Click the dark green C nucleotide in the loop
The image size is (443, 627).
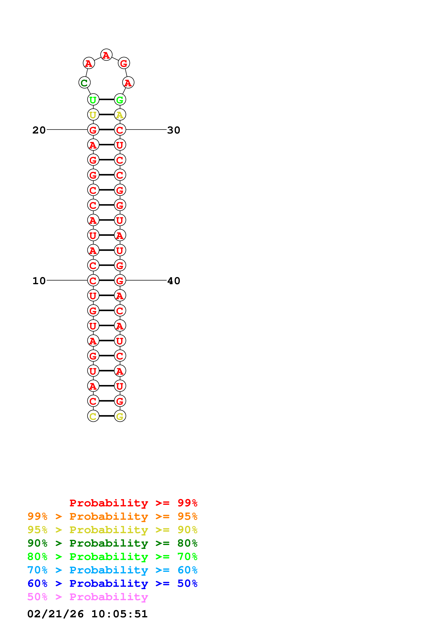[84, 82]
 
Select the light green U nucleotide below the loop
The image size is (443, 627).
[93, 100]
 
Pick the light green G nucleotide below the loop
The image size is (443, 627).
[120, 100]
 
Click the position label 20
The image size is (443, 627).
[39, 130]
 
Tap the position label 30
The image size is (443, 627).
[174, 130]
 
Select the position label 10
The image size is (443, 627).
[39, 281]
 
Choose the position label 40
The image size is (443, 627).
[174, 281]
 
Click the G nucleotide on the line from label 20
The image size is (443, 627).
[93, 130]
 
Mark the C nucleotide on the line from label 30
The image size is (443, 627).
[120, 130]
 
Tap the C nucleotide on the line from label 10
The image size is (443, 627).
[93, 280]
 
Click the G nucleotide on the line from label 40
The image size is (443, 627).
[120, 280]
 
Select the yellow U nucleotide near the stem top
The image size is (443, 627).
[93, 115]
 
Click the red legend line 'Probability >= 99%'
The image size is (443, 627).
[133, 503]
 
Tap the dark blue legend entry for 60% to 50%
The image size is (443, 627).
[112, 583]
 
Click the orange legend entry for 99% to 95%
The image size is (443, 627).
[112, 516]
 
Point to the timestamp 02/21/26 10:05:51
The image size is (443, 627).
[87, 614]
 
